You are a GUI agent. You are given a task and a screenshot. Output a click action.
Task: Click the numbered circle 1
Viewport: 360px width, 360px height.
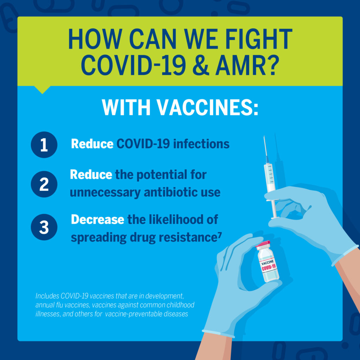pos(44,144)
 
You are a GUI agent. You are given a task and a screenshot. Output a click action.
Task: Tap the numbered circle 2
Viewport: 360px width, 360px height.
pos(44,184)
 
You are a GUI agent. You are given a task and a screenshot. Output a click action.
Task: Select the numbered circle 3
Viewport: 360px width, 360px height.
pos(44,227)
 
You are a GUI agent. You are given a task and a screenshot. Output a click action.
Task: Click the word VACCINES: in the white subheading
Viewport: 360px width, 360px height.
pos(207,108)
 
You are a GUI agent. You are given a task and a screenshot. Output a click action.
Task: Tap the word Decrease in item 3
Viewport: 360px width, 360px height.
pos(98,219)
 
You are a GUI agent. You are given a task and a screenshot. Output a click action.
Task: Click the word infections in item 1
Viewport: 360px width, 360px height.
pos(201,144)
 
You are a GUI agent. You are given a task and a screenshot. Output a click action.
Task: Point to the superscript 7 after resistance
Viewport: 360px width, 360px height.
pos(220,235)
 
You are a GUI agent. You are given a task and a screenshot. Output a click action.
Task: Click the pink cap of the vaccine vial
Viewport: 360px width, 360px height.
pos(263,244)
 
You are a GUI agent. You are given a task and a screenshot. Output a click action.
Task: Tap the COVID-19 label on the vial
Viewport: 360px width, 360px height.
pos(269,268)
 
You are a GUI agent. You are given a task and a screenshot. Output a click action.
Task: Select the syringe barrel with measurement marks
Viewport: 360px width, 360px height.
pos(269,177)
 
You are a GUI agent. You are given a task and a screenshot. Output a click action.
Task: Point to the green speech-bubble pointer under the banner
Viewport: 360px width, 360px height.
pos(42,90)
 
